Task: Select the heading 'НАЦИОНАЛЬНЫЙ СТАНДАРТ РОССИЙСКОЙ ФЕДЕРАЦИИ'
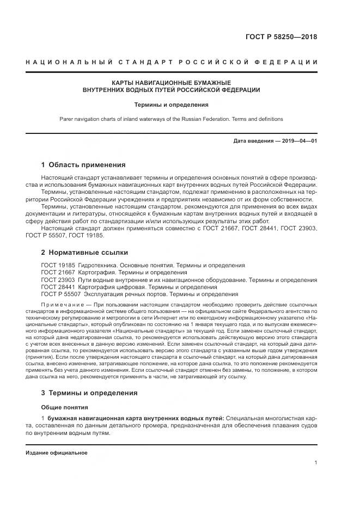(x=171, y=62)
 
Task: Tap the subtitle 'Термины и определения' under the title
(x=171, y=103)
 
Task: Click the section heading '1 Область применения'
(x=83, y=165)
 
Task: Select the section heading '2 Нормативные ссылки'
(x=84, y=253)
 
